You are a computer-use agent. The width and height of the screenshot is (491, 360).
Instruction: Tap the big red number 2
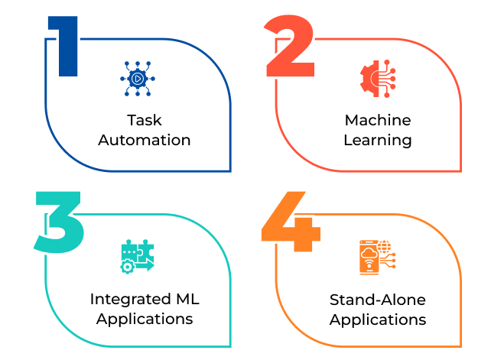coord(289,47)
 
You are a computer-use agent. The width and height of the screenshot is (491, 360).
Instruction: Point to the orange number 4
coord(289,223)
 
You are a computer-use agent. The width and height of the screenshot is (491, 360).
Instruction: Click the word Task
coord(145,121)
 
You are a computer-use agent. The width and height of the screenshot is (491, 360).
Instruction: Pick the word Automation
coord(145,141)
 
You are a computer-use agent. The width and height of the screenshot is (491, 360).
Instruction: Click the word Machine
coord(377,121)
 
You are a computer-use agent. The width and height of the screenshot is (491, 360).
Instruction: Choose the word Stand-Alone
coord(377,299)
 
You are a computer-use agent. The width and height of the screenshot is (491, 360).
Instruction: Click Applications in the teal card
coord(145,319)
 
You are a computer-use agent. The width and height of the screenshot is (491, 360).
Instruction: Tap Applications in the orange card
coord(377,319)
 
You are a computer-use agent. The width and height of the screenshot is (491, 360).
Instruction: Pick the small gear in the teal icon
coord(127,266)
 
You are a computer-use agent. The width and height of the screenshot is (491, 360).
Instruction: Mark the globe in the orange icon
coord(384,246)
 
